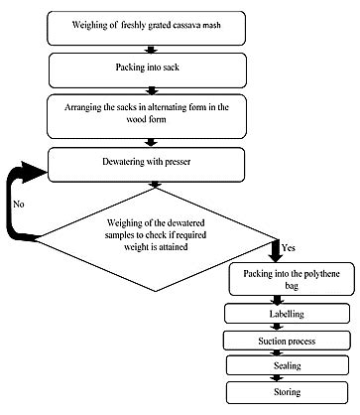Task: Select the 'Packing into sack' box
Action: [164, 69]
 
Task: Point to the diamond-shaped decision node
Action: [165, 238]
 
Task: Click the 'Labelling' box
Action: [286, 314]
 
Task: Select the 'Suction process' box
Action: [286, 340]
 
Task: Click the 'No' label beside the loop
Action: [20, 206]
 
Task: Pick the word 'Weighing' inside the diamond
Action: [127, 231]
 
